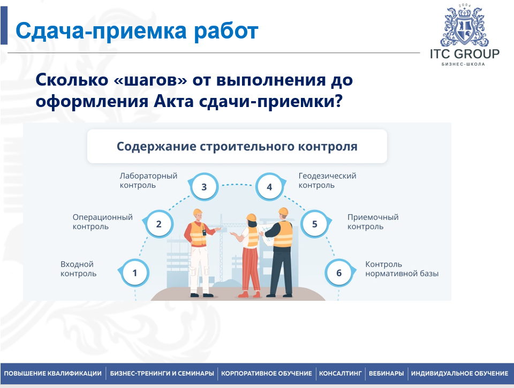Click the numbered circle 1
point(134,273)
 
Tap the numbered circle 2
point(158,224)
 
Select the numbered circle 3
point(203,187)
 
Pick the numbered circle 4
point(269,187)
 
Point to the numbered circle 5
point(314,224)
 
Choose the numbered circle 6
point(338,273)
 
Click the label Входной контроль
point(78,269)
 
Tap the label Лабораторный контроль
point(148,180)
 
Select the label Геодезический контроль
point(327,180)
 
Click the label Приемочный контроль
point(373,222)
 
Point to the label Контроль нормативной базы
point(401,269)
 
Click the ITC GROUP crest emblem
point(464,26)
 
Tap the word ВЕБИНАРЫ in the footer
point(386,373)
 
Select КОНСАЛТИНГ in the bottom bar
point(341,373)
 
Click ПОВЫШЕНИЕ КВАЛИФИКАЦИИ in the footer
point(52,373)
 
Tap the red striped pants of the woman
point(250,270)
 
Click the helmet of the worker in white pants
point(197,212)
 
